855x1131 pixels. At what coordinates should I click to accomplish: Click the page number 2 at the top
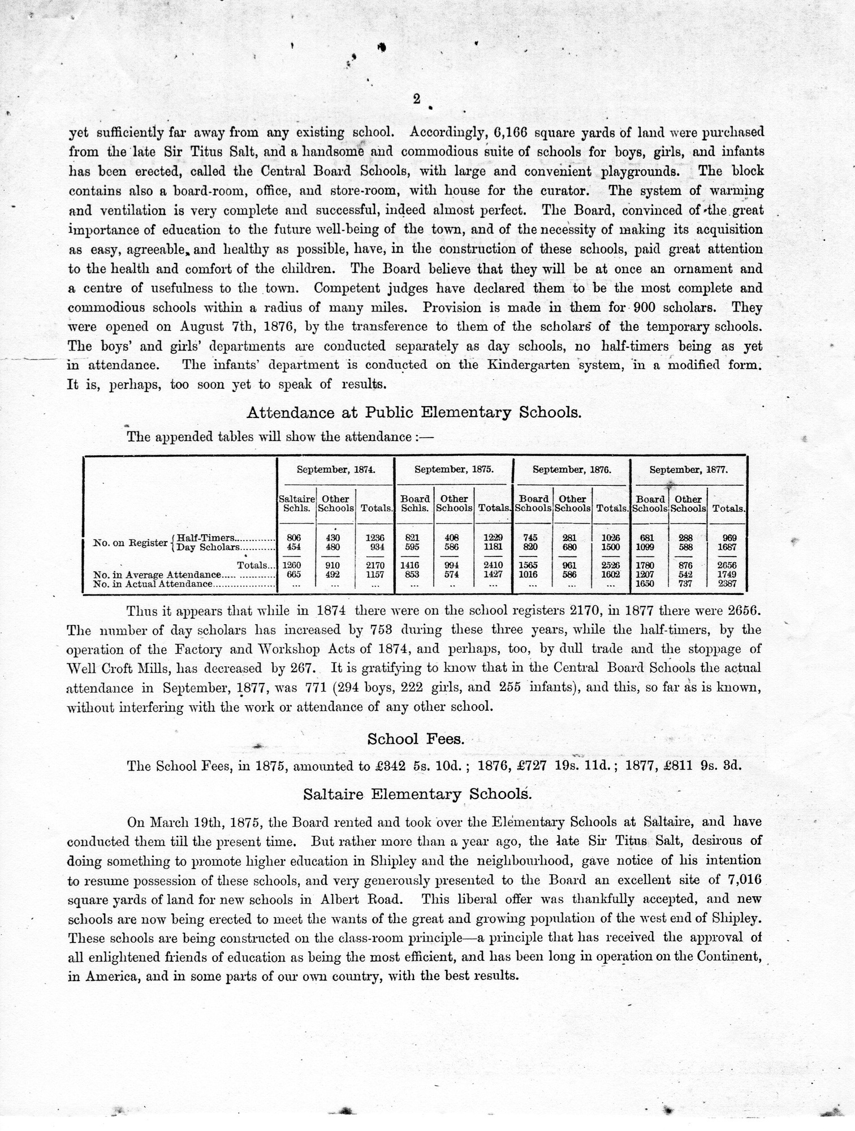[417, 99]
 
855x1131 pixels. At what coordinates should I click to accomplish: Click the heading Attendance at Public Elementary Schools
[414, 412]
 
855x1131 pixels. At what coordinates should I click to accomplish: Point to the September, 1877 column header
[688, 469]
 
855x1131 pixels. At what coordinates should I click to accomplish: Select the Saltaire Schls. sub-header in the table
[296, 503]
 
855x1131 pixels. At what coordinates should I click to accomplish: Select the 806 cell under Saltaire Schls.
[294, 538]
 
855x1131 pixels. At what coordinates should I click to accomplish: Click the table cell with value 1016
[533, 574]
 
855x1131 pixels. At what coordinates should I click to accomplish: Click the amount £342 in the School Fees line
[386, 766]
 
